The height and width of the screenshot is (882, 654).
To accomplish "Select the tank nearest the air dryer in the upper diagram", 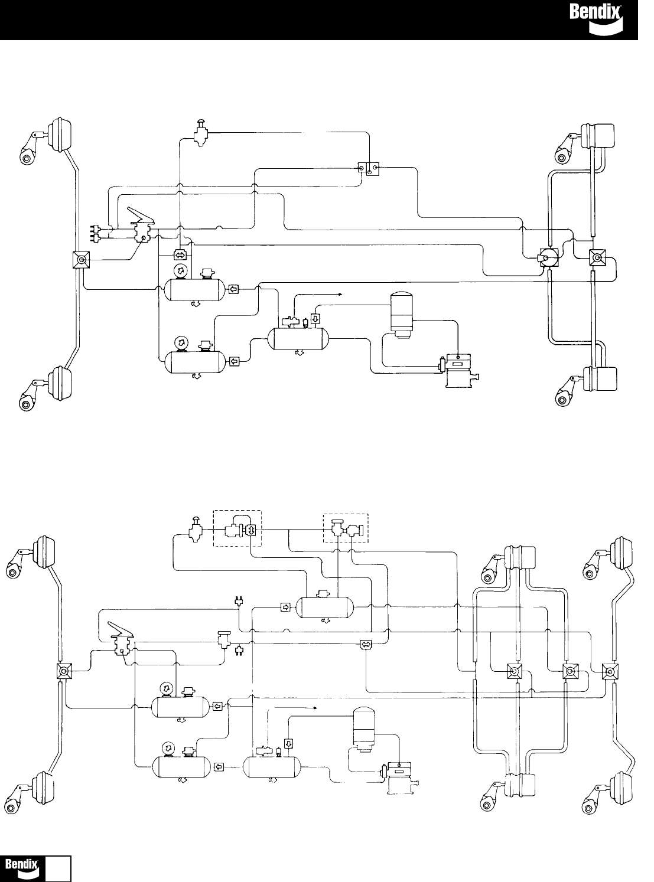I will click(298, 339).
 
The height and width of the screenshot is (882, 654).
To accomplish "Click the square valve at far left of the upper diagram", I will click(80, 260).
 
